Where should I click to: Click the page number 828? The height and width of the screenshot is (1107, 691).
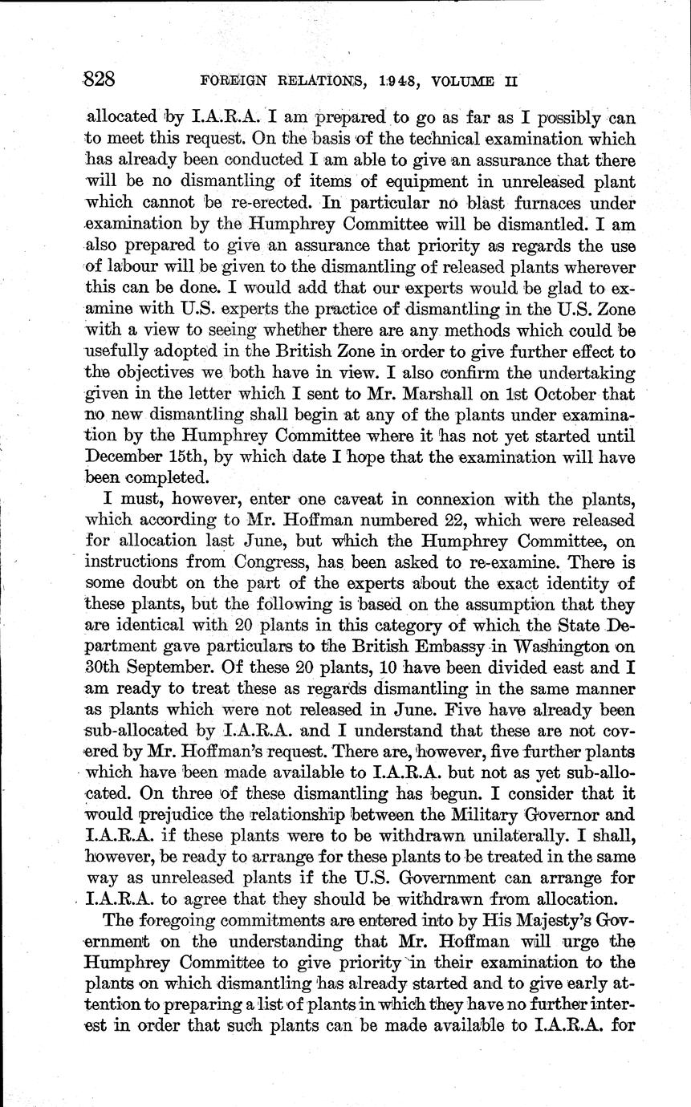tap(101, 79)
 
